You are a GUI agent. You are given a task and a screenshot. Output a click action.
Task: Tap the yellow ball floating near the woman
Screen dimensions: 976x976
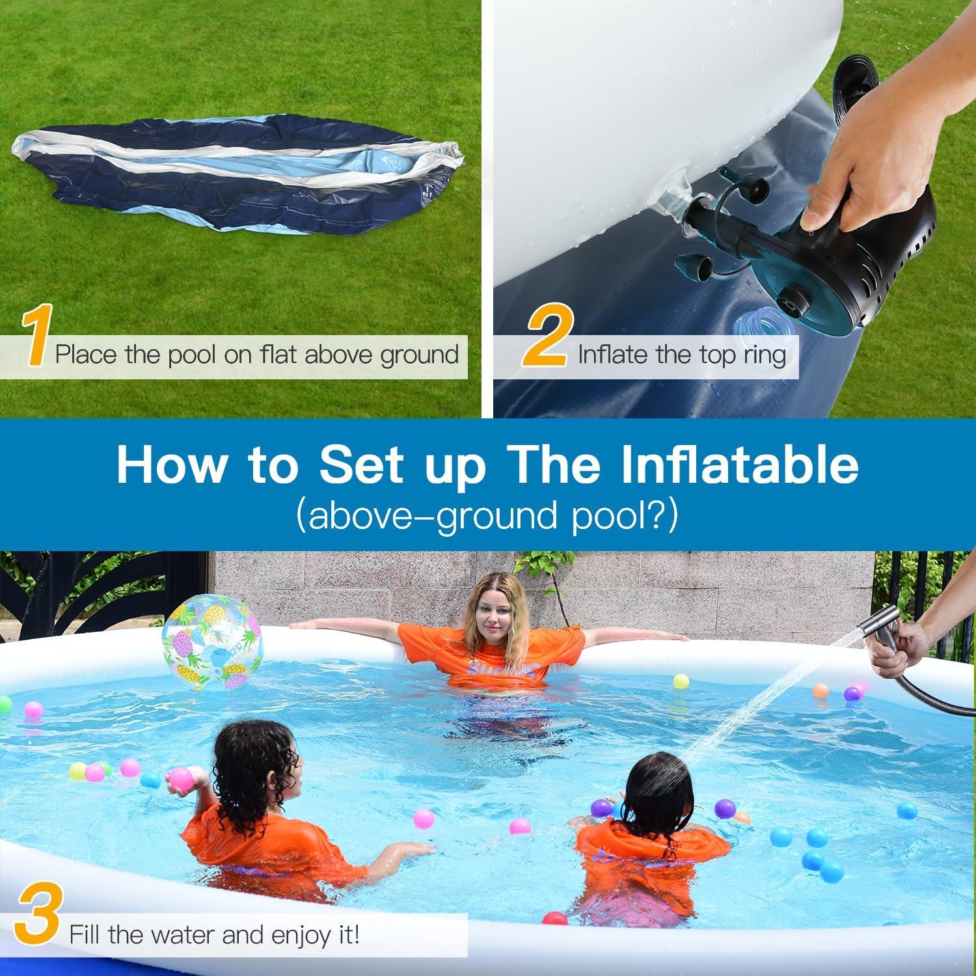[681, 681]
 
